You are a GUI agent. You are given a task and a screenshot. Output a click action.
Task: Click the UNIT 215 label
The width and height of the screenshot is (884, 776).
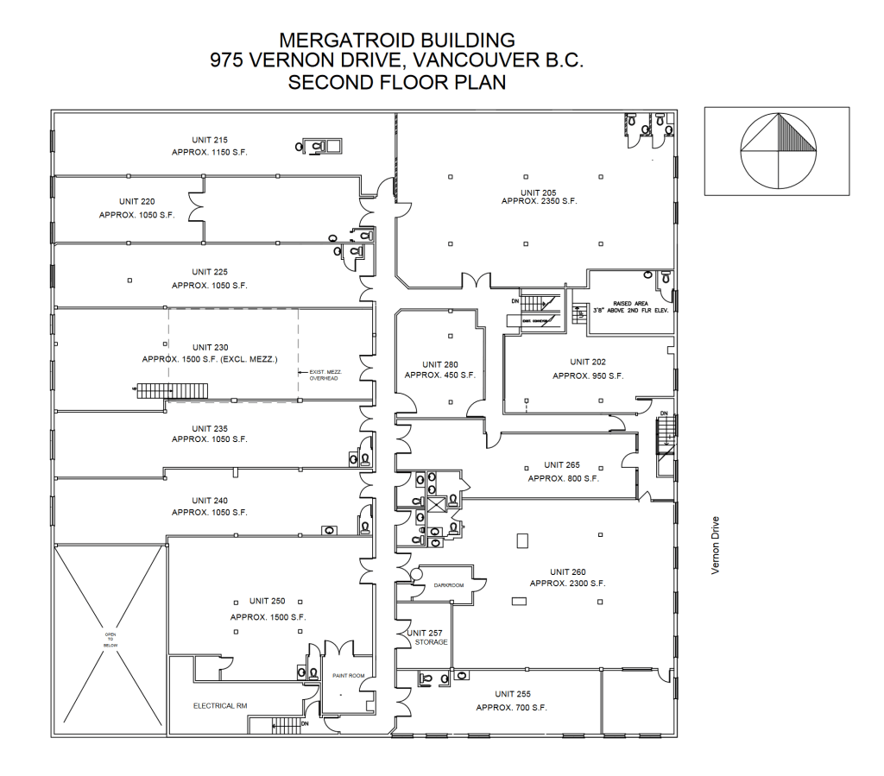point(210,140)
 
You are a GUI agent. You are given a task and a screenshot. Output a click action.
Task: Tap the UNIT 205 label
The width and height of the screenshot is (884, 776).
point(539,192)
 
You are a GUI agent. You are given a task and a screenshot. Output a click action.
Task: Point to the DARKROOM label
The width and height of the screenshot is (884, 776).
point(449,584)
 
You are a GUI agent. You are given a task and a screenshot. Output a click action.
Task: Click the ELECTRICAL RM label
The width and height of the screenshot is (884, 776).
point(219,706)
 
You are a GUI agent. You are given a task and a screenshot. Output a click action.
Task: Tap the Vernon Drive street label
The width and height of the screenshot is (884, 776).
point(715,546)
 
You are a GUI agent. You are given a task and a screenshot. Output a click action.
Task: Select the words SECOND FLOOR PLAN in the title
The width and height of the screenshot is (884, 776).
point(397,83)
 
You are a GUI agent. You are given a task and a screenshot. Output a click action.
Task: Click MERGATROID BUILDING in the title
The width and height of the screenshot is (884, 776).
point(397,40)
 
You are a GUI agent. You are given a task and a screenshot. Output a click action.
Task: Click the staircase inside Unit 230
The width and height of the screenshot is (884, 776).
point(172,390)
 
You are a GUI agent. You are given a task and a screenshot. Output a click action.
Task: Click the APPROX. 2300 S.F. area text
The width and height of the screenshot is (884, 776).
point(567,584)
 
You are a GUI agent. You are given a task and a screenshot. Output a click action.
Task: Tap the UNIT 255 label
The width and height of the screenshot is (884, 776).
point(512,694)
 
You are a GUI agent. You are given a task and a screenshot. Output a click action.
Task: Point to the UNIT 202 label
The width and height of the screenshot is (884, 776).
point(588,362)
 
